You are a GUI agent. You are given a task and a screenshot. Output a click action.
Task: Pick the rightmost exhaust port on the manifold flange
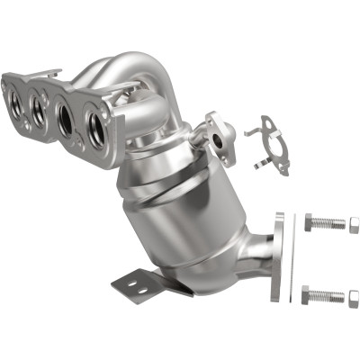coord(96,128)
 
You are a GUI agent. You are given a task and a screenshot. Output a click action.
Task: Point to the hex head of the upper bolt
coord(309,222)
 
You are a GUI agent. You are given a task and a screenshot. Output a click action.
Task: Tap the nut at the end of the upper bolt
coord(354,223)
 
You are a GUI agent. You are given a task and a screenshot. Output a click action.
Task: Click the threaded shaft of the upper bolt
coord(331,223)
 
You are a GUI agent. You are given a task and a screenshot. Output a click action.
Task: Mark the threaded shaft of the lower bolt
coord(331,294)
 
